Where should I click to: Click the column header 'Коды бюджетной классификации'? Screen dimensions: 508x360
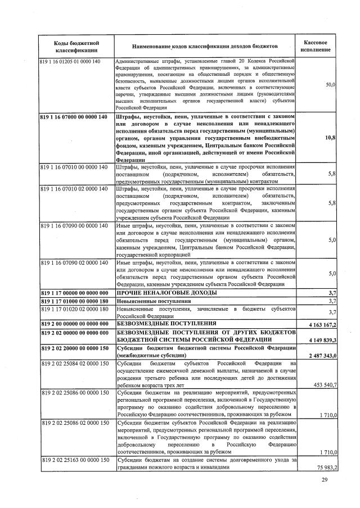pyautogui.click(x=76, y=47)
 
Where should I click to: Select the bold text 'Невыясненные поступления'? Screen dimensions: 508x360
pyautogui.click(x=153, y=301)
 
